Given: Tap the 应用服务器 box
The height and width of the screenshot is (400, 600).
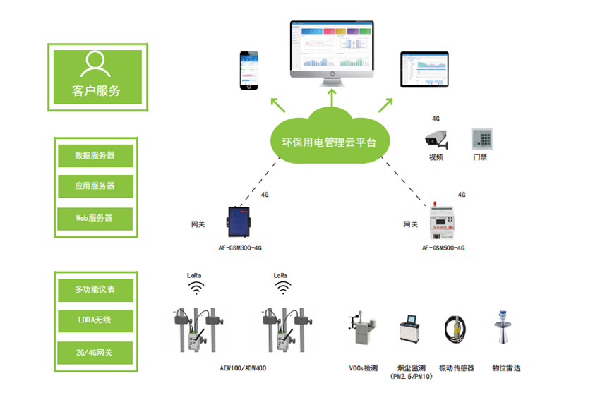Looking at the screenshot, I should (95, 186).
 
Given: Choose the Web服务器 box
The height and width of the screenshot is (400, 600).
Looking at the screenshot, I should (95, 218).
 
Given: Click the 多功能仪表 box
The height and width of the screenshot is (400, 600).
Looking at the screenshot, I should (95, 289).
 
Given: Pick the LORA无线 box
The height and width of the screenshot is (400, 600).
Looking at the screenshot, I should (95, 321).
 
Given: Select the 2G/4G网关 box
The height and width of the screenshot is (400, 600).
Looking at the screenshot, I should (95, 352).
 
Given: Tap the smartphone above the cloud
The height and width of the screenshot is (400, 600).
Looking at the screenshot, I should (248, 70).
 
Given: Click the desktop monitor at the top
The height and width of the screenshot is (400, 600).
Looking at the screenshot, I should (332, 48).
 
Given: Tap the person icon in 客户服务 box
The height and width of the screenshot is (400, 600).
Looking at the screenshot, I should (97, 64).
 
